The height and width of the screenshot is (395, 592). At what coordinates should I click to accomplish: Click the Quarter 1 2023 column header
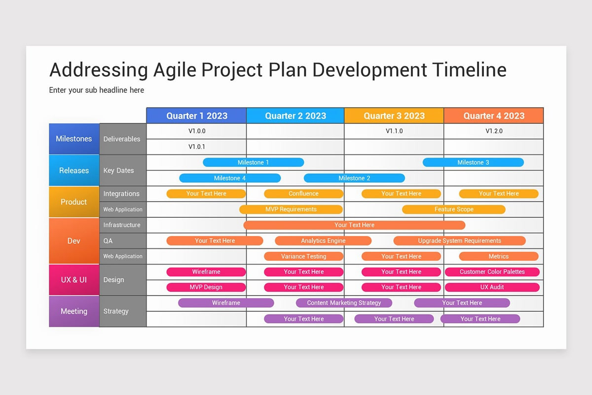point(196,116)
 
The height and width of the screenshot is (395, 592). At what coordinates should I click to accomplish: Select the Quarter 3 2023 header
point(394,116)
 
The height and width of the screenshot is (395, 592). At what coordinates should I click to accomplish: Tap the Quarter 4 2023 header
point(493,116)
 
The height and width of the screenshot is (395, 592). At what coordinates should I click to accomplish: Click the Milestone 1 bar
point(253,162)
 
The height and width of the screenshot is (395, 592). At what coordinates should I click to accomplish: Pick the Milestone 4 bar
point(229,178)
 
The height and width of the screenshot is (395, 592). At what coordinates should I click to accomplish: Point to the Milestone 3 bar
point(473,162)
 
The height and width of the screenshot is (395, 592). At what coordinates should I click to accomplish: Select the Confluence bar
point(303,194)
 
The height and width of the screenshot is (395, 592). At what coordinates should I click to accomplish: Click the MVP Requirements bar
point(291,209)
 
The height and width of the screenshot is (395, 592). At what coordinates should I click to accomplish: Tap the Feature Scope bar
point(453,209)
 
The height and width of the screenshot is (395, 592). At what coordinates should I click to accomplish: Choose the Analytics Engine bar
point(323,241)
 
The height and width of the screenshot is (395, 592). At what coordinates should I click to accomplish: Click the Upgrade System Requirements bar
point(459,241)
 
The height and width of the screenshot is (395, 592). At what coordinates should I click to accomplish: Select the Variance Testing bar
point(303,256)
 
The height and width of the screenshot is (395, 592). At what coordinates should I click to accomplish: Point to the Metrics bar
point(498,256)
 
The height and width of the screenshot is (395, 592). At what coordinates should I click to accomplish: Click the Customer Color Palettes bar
point(492,272)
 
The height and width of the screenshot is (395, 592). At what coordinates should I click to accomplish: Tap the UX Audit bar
point(492,287)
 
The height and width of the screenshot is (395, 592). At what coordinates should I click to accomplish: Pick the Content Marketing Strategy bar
point(344,303)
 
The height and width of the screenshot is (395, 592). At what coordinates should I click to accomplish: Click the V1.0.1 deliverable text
point(197,147)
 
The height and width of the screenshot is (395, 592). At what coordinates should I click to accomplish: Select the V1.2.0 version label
point(494,131)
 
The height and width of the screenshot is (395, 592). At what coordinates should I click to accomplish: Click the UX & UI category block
point(74,279)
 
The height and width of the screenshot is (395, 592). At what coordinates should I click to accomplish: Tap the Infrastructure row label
point(122,225)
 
